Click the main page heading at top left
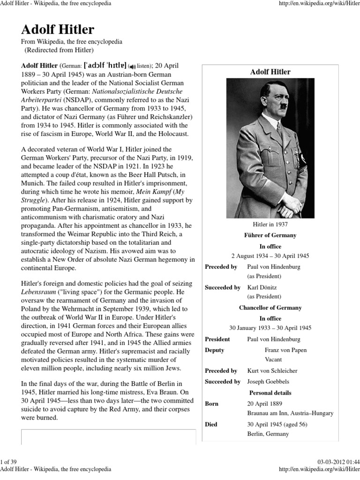coord(58,30)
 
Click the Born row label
coord(212,404)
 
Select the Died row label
coord(211,424)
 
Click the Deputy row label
coord(215,350)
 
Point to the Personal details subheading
coord(270,392)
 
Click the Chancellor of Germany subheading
coord(270,308)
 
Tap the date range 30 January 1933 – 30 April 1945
coord(270,328)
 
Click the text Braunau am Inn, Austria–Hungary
coord(290,413)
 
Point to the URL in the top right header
coord(318,3)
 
